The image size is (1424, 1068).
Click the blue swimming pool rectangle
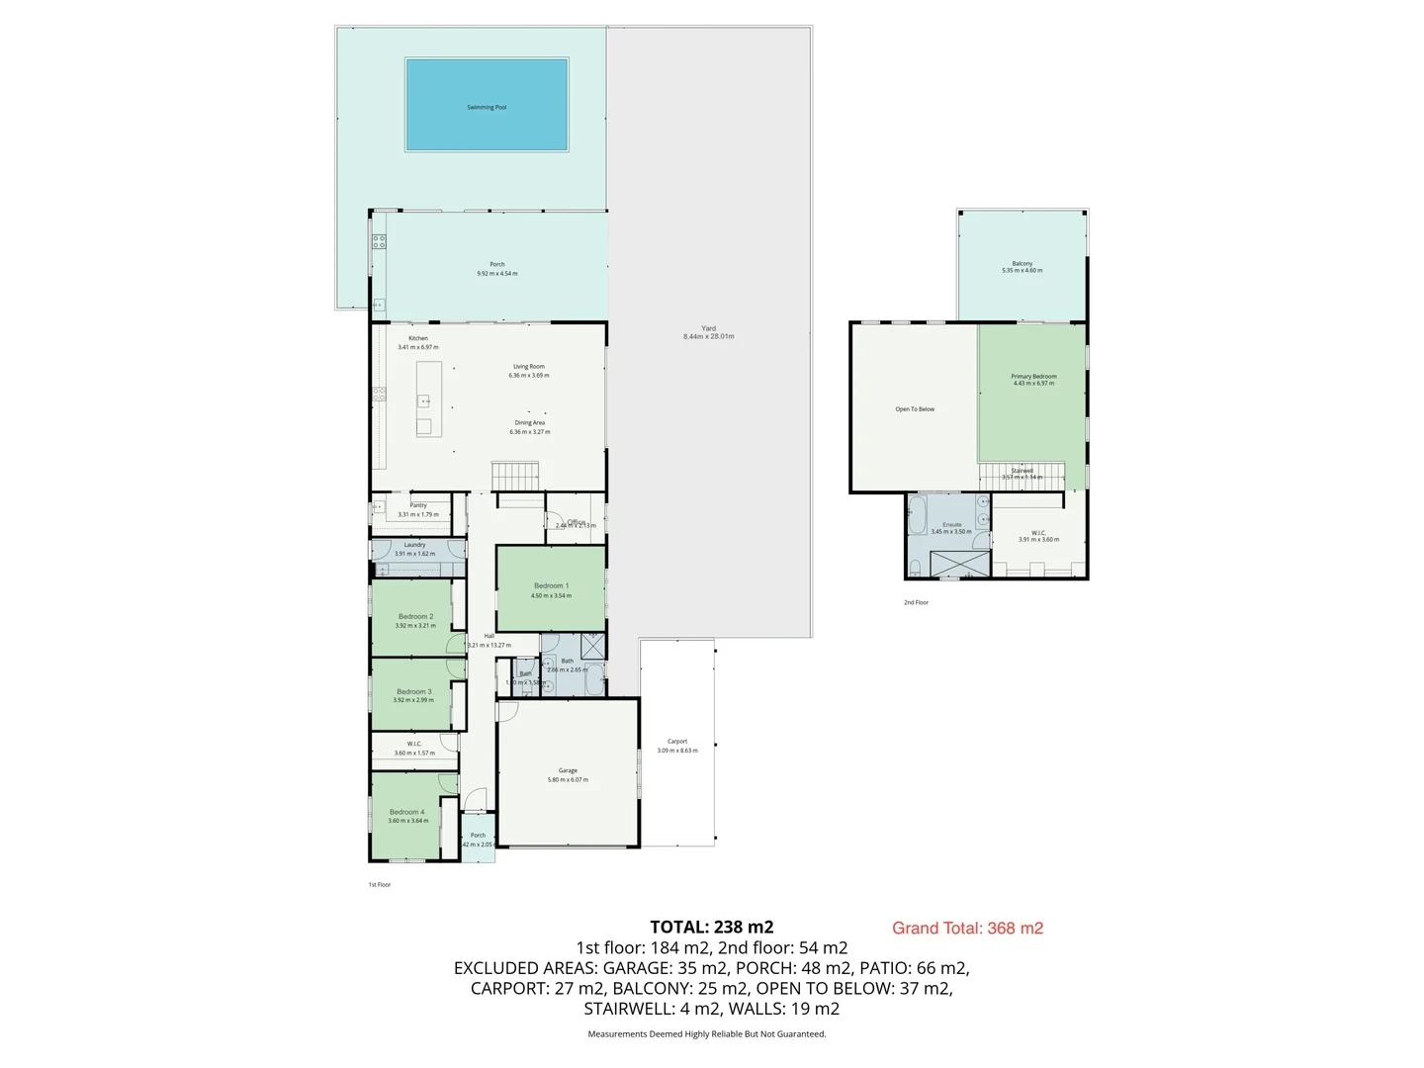(487, 105)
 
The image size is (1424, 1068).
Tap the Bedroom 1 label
(551, 586)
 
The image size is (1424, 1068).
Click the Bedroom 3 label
(413, 692)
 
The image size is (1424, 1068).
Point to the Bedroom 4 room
(406, 816)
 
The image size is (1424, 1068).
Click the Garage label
(568, 770)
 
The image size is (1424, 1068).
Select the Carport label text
(677, 742)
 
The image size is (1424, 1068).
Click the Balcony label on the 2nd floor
(1022, 264)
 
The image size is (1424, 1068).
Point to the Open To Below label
(915, 409)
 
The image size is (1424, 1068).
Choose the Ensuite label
(951, 525)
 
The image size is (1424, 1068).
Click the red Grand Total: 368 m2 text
(967, 928)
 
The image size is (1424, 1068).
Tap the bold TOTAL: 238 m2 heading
(711, 927)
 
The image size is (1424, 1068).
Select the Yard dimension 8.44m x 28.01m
(708, 337)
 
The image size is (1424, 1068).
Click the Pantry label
(418, 505)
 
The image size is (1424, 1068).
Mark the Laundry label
(414, 545)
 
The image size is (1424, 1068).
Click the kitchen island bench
(428, 399)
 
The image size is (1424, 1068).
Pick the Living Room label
(528, 367)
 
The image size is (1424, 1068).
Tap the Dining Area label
(529, 423)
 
